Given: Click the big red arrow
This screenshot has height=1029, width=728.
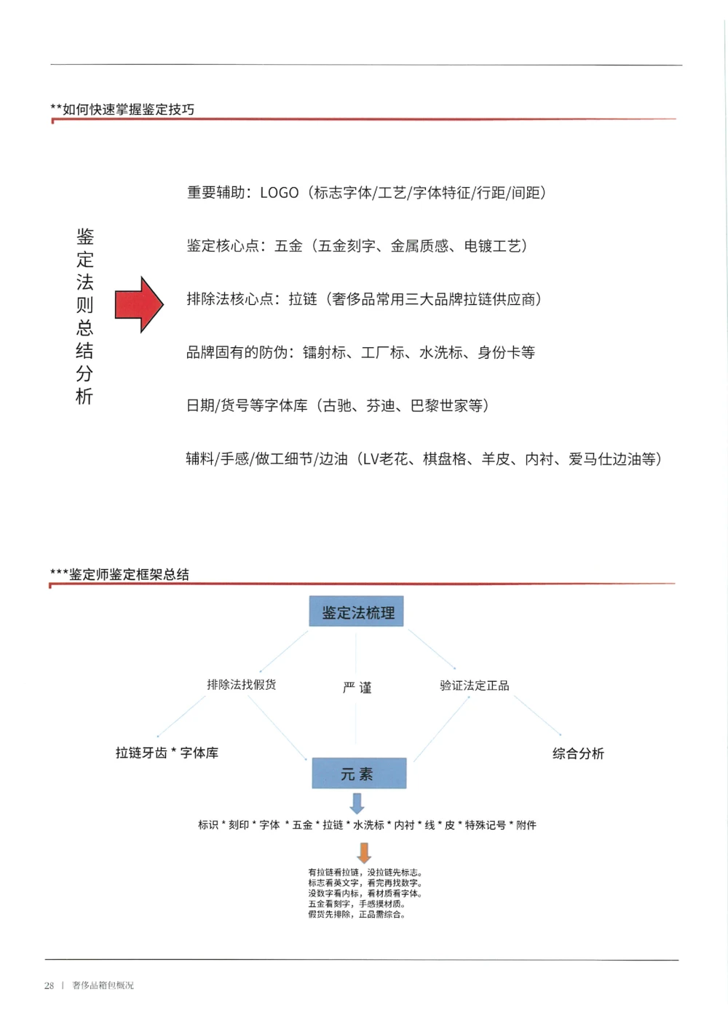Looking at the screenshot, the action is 139,305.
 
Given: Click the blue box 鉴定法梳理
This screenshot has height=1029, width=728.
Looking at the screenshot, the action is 356,612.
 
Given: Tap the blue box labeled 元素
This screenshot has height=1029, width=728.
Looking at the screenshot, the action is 359,774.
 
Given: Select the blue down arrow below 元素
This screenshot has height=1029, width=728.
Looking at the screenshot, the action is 357,803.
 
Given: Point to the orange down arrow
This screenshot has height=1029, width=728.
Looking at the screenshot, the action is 364,852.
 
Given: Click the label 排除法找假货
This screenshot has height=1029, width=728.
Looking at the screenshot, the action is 241,685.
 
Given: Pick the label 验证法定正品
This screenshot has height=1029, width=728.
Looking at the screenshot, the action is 474,686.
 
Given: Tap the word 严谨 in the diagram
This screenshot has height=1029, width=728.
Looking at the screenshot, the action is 357,688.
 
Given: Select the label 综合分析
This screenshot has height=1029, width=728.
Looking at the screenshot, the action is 578,754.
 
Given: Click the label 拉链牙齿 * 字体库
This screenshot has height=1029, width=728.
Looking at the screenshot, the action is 167,753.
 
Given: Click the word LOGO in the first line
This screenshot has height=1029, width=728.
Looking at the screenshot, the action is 280,193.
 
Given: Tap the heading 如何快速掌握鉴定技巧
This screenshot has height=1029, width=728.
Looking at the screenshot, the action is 127,110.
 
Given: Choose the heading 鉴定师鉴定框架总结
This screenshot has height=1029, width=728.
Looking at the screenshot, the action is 128,575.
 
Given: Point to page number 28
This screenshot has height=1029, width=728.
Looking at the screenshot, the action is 49,985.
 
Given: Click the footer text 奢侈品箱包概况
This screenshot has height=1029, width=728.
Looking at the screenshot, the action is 103,985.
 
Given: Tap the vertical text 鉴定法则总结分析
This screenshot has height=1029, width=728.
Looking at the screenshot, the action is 84,316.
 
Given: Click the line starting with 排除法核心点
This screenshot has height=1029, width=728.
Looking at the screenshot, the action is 363,299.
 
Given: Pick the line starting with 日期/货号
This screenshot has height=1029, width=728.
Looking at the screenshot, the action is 337,405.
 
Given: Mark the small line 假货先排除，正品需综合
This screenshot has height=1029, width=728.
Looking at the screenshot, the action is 356,915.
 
